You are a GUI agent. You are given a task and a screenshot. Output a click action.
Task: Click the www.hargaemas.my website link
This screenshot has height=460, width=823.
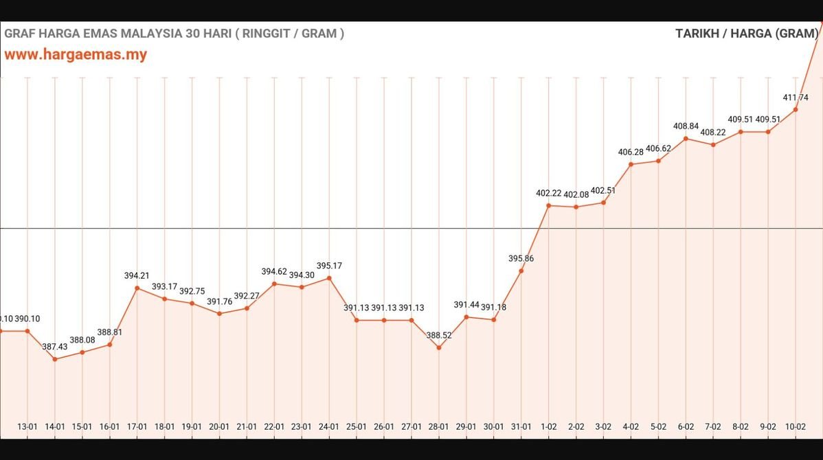coord(76,54)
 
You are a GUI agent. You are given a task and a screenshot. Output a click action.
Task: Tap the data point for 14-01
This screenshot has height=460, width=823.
coord(55,359)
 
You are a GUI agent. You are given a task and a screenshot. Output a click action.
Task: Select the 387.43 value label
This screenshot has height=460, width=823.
coord(55,347)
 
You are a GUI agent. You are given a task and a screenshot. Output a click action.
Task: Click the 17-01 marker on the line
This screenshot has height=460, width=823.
coord(137,288)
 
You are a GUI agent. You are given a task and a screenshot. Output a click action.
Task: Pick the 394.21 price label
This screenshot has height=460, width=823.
coord(137,275)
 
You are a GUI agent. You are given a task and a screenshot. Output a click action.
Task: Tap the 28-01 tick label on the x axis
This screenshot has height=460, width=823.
coord(439,426)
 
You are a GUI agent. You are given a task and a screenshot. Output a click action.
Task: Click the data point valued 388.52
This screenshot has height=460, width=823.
coord(439,347)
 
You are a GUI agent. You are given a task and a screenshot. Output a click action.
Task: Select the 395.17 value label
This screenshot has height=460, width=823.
coord(329,266)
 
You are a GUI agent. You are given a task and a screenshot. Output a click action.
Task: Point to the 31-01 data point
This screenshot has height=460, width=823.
coord(521,271)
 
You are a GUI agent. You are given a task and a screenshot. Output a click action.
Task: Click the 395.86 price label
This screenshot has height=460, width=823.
coord(521,259)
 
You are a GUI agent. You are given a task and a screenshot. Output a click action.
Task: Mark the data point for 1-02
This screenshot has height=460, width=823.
coord(549,205)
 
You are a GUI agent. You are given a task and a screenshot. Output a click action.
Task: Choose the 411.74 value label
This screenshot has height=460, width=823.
coord(796,97)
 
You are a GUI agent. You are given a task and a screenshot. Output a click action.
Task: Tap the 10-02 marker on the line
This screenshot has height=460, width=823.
coord(796,110)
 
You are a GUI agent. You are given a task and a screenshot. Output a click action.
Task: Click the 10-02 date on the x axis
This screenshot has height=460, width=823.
coord(796,426)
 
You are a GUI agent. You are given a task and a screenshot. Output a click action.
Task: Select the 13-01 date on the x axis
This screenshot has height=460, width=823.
coord(27,426)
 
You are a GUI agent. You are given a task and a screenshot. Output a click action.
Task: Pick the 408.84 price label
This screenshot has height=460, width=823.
coord(686,126)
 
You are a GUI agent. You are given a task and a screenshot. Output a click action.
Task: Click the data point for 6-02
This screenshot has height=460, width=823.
coord(686,139)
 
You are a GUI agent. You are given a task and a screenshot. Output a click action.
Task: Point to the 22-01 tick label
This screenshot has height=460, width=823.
coord(274,426)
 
